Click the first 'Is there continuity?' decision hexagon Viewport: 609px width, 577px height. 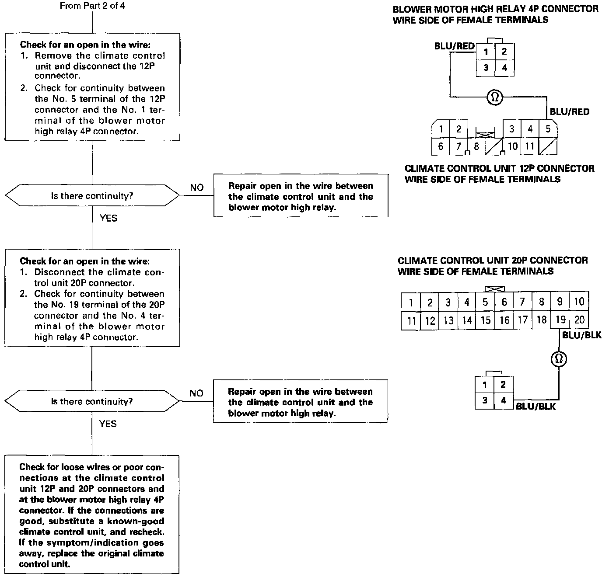[x=92, y=195]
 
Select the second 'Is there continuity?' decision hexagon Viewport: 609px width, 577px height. [x=92, y=401]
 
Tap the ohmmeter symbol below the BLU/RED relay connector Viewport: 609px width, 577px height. [x=495, y=97]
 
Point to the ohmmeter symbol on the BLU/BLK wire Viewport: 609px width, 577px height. [x=558, y=359]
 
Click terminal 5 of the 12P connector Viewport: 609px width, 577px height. [x=548, y=129]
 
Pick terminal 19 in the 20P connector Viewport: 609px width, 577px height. [x=560, y=320]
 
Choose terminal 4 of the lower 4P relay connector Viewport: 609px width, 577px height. [x=503, y=400]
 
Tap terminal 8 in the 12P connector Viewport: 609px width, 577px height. [x=476, y=146]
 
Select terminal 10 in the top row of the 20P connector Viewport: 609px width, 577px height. [x=579, y=302]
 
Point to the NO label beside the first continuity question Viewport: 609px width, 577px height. [x=197, y=188]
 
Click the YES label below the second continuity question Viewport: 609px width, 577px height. [x=108, y=424]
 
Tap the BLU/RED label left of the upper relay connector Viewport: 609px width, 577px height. [x=454, y=46]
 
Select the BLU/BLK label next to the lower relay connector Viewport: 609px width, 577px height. [x=535, y=407]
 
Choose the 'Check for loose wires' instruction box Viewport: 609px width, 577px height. [x=92, y=514]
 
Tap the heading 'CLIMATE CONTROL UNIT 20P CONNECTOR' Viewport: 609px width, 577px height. [x=493, y=261]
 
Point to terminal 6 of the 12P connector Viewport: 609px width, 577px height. [x=441, y=146]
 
